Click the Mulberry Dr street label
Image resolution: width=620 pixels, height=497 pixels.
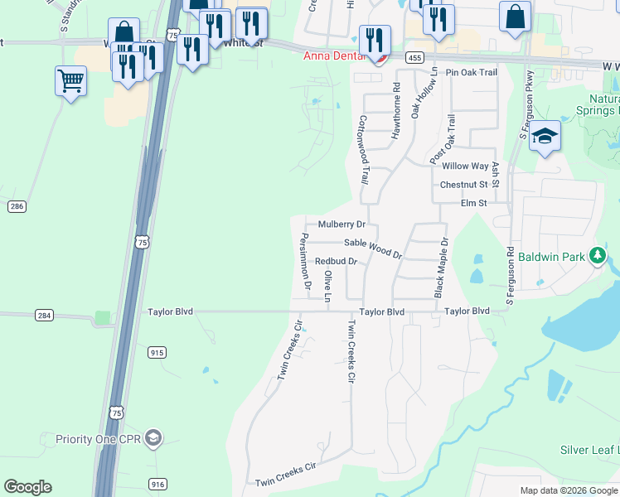point(341,224)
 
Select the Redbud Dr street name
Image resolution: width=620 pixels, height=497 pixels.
point(336,262)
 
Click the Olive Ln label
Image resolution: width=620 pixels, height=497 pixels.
point(328,286)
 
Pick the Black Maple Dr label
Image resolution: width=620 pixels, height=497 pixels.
point(441,268)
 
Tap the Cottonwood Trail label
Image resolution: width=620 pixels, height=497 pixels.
point(363,150)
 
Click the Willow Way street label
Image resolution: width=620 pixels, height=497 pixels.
point(465,166)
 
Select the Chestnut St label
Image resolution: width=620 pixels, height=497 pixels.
point(463,185)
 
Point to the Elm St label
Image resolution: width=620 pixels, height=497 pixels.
point(473,203)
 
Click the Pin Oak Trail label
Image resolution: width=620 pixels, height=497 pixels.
point(471,73)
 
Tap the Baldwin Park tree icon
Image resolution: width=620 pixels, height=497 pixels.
point(597,256)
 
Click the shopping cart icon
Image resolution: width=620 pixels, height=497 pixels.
point(70,80)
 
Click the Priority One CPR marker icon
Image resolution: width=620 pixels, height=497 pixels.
point(153,438)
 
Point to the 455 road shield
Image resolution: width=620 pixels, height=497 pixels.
point(415,57)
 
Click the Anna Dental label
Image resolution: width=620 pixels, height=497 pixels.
point(332,57)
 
